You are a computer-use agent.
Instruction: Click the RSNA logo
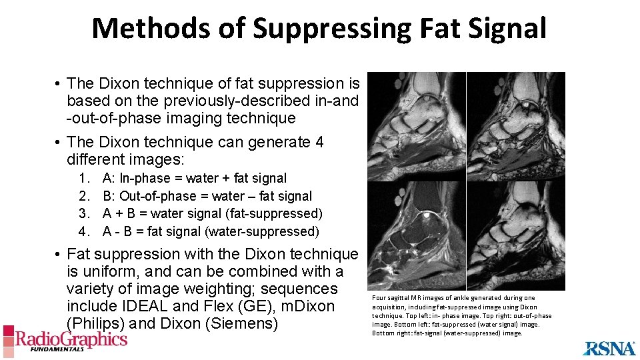[610, 347]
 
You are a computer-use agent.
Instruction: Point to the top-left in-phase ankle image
[417, 127]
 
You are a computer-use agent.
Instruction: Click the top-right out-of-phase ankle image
[515, 127]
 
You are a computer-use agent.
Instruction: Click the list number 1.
[84, 179]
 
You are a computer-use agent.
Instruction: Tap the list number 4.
[84, 232]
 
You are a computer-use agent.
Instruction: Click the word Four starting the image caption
[379, 298]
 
